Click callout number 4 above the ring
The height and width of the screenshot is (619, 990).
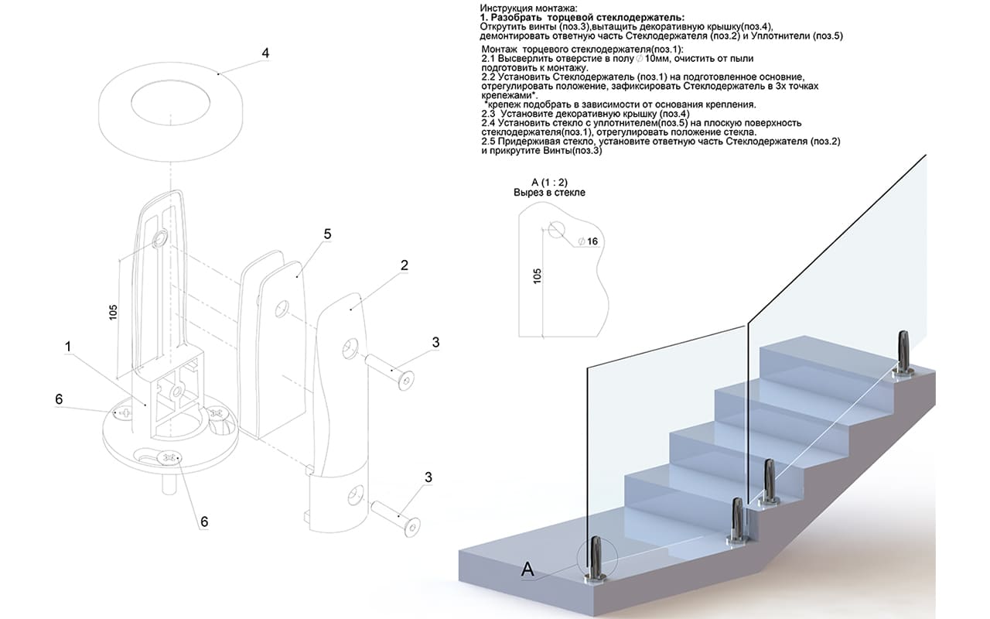[x=265, y=54]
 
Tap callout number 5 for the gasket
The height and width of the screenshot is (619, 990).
[x=326, y=234]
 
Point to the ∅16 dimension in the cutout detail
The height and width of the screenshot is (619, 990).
[x=591, y=241]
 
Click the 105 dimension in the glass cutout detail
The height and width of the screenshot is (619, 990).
[x=538, y=276]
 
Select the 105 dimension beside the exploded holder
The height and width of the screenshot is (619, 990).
[x=114, y=311]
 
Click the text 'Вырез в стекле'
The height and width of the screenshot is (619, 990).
[x=550, y=193]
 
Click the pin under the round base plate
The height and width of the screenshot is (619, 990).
[x=166, y=484]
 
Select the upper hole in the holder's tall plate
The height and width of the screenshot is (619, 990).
[x=161, y=238]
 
